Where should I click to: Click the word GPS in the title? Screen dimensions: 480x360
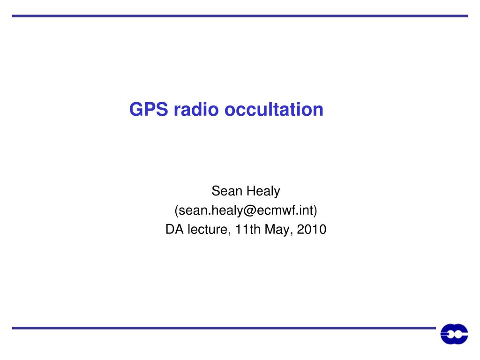pyautogui.click(x=149, y=109)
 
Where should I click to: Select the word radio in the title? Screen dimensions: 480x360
pyautogui.click(x=196, y=109)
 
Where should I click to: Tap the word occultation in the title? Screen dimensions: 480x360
pyautogui.click(x=274, y=109)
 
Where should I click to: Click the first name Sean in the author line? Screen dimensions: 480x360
pyautogui.click(x=227, y=191)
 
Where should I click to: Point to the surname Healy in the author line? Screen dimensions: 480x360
pyautogui.click(x=263, y=192)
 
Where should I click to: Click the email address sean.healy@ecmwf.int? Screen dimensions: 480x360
pyautogui.click(x=246, y=210)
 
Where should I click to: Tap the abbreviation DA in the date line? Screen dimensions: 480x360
pyautogui.click(x=174, y=229)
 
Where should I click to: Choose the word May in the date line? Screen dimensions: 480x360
pyautogui.click(x=277, y=230)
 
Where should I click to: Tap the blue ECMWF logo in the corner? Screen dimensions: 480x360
pyautogui.click(x=454, y=334)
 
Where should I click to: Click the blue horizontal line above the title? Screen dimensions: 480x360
pyautogui.click(x=240, y=16)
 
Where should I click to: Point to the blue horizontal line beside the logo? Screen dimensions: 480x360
pyautogui.click(x=224, y=328)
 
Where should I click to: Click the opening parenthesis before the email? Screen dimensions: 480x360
pyautogui.click(x=177, y=210)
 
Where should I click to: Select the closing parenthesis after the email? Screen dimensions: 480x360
pyautogui.click(x=315, y=210)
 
